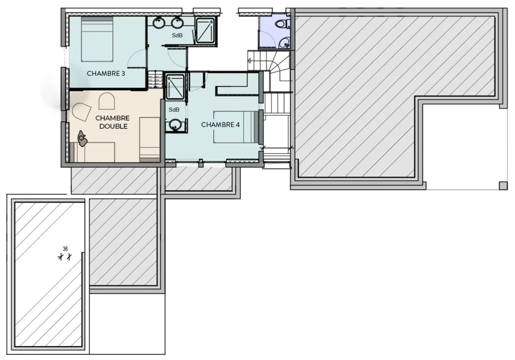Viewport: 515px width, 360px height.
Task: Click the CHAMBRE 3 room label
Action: [106, 73]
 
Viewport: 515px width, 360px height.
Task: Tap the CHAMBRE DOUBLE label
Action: [113, 122]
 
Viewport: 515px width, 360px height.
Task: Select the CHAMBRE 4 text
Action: [220, 125]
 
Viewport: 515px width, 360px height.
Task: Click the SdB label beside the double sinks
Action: [177, 36]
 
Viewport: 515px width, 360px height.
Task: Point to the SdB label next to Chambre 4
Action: [174, 110]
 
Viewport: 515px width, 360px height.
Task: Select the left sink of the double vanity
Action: [159, 22]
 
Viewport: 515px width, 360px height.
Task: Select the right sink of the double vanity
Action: [177, 22]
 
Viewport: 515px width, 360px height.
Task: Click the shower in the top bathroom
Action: [205, 30]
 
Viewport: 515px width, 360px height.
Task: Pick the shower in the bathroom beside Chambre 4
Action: [175, 87]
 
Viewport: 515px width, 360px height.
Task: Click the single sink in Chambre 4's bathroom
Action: [175, 124]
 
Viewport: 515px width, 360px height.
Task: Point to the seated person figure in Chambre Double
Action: [82, 138]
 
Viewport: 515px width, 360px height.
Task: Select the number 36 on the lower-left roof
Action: [65, 248]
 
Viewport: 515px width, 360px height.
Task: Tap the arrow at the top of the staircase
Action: [249, 60]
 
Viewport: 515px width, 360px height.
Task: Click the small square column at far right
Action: [503, 186]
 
